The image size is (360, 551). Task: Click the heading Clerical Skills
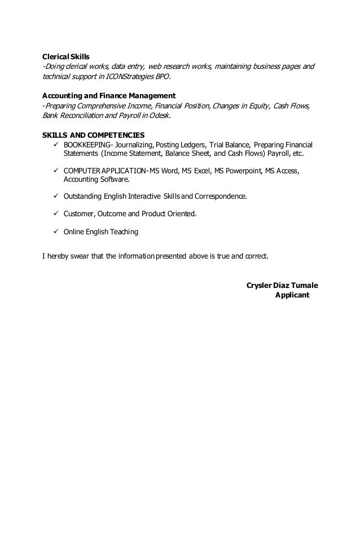(67, 57)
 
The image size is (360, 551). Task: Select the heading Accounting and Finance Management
(109, 95)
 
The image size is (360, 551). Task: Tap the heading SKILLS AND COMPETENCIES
(94, 135)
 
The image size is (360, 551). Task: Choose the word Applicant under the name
(292, 295)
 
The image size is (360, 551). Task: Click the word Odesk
(159, 115)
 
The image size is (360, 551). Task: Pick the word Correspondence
(219, 196)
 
